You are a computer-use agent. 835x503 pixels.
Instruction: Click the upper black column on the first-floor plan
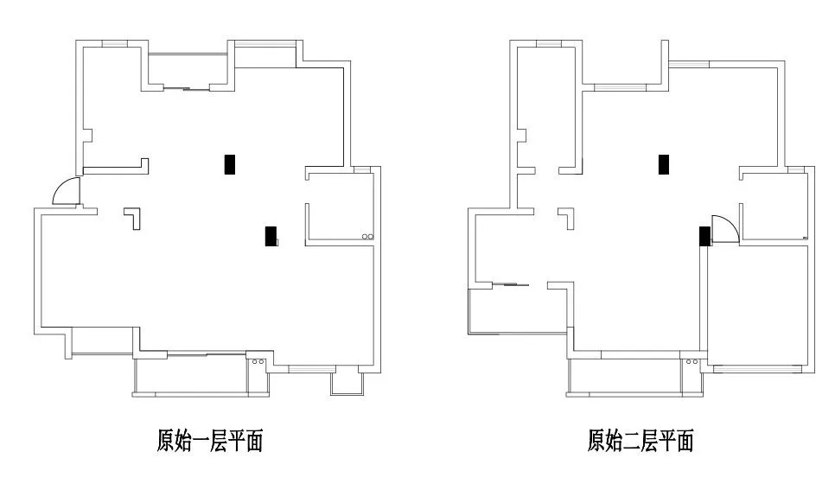pyautogui.click(x=230, y=164)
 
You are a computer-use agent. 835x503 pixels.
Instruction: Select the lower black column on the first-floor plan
pyautogui.click(x=271, y=235)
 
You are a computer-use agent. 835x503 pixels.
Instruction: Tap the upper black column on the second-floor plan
pyautogui.click(x=664, y=164)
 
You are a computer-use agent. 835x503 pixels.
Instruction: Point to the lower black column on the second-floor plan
pyautogui.click(x=704, y=235)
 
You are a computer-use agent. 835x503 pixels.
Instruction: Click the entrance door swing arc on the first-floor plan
pyautogui.click(x=65, y=191)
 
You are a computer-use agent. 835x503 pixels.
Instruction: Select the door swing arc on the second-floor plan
pyautogui.click(x=724, y=227)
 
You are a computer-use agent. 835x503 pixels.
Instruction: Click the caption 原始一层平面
pyautogui.click(x=209, y=443)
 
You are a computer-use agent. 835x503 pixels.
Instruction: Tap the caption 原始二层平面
pyautogui.click(x=641, y=443)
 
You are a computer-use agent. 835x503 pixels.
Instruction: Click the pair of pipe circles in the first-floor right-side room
pyautogui.click(x=367, y=236)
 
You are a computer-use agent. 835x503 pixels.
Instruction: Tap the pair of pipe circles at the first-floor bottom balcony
pyautogui.click(x=256, y=362)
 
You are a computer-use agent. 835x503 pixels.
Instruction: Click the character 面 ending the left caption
pyautogui.click(x=252, y=443)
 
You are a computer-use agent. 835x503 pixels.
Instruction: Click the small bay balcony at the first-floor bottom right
pyautogui.click(x=346, y=383)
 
